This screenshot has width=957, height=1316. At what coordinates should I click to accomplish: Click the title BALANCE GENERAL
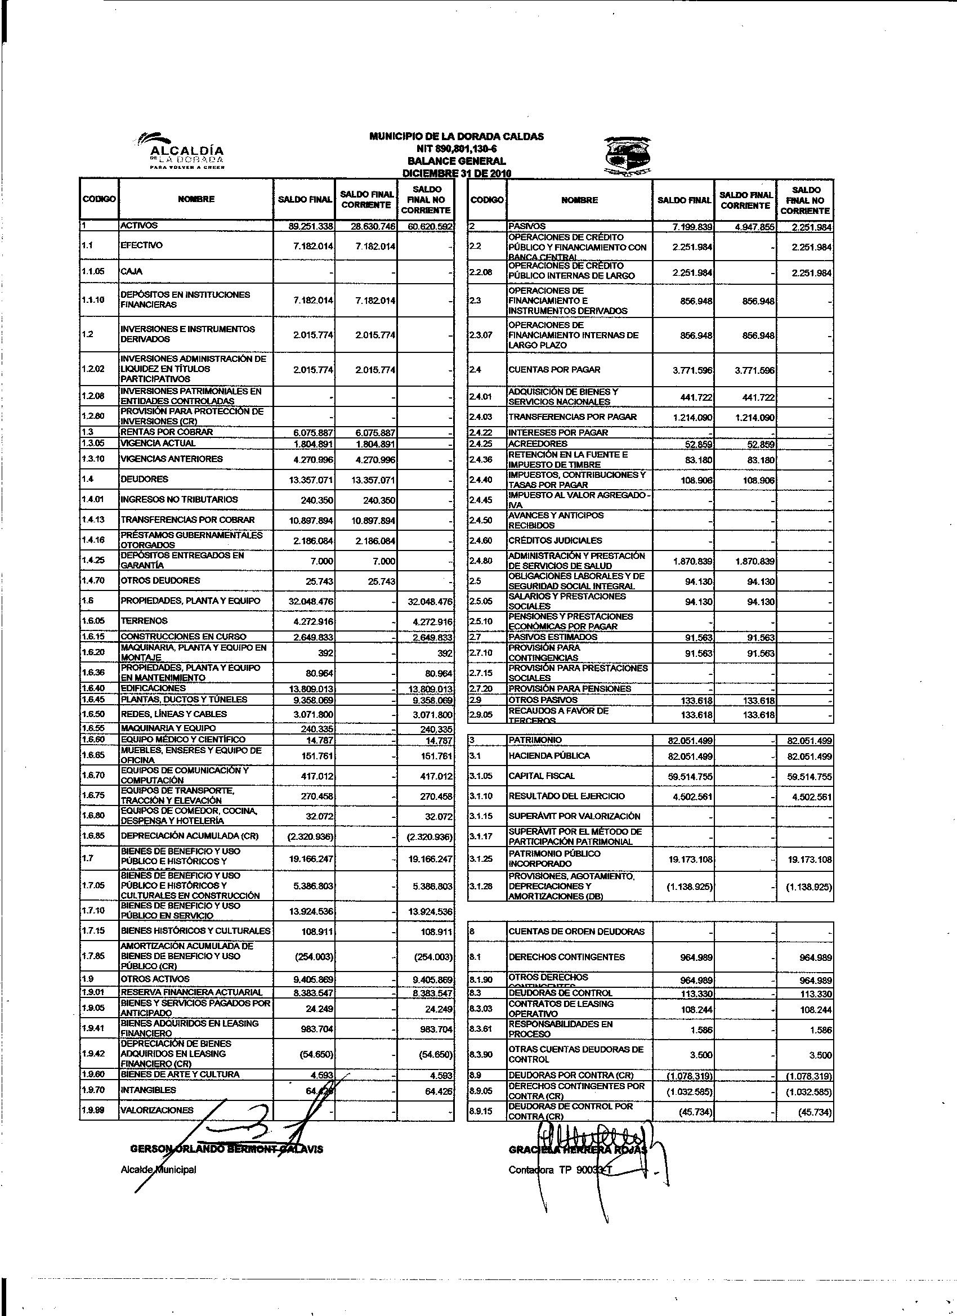tap(456, 161)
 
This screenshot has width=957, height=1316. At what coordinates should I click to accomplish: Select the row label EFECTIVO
tap(141, 245)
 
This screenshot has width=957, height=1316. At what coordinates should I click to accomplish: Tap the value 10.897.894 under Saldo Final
tap(311, 521)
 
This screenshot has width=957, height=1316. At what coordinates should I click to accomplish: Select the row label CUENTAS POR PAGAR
tap(554, 370)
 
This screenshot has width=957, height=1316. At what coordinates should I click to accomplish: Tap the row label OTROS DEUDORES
tap(160, 580)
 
